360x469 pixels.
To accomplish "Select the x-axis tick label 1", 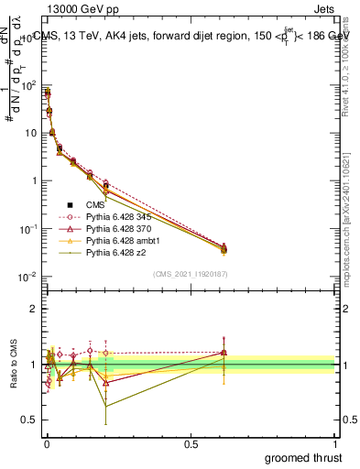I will [x=334, y=442].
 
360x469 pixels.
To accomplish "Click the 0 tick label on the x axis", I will [x=46, y=442].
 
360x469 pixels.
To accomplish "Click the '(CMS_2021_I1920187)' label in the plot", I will [x=190, y=274].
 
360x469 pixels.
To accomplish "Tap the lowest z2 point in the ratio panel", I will [x=106, y=404].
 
